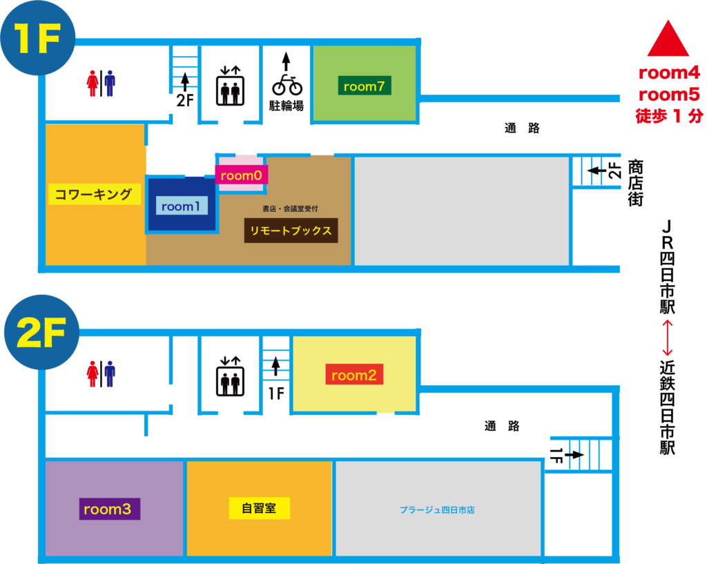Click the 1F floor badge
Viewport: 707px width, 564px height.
(39, 41)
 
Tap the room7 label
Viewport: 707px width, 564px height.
(365, 86)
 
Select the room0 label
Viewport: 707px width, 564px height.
(241, 175)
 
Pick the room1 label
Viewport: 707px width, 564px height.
(181, 206)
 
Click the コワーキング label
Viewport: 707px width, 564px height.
(94, 194)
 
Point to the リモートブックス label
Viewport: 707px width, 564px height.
(291, 231)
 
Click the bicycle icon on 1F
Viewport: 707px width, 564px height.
(287, 85)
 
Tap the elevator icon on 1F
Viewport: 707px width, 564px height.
(229, 86)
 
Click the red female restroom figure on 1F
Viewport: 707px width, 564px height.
(93, 84)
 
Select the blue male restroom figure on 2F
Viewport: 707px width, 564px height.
(110, 373)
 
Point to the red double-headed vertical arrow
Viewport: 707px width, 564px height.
(667, 338)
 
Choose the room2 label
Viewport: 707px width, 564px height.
(354, 375)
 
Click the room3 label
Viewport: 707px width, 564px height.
(109, 509)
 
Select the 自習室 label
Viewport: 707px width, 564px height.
(259, 509)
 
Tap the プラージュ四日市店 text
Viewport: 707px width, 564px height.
(437, 510)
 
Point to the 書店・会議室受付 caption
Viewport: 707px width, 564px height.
(290, 208)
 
